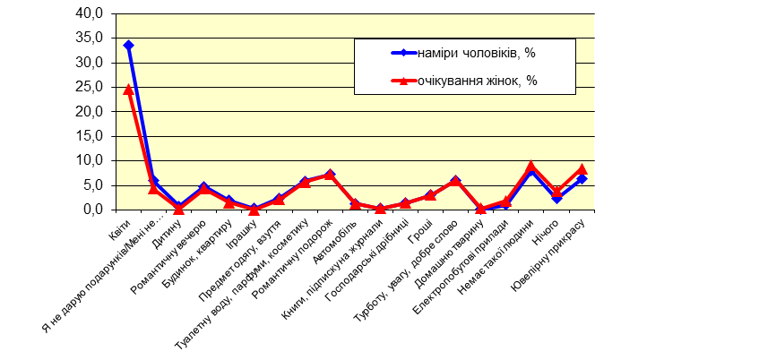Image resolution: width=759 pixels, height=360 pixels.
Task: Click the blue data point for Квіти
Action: pyautogui.click(x=129, y=45)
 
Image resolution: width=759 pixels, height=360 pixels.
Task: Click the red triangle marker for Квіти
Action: pyautogui.click(x=129, y=89)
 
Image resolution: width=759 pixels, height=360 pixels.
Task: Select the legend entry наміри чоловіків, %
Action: pyautogui.click(x=476, y=53)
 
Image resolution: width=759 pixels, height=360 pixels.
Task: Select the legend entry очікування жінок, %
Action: pyautogui.click(x=476, y=81)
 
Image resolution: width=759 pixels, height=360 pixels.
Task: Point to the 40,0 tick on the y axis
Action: pyautogui.click(x=92, y=14)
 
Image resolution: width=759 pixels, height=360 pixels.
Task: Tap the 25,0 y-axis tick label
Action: pyautogui.click(x=92, y=88)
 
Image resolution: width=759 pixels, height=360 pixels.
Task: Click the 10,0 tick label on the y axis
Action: pyautogui.click(x=92, y=161)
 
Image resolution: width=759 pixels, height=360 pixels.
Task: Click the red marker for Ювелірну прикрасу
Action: pyautogui.click(x=582, y=168)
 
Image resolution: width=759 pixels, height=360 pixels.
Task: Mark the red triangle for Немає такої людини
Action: pyautogui.click(x=531, y=166)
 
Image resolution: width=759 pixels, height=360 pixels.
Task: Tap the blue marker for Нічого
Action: pyautogui.click(x=556, y=198)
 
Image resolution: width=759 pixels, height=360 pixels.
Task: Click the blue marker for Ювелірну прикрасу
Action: pyautogui.click(x=582, y=179)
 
